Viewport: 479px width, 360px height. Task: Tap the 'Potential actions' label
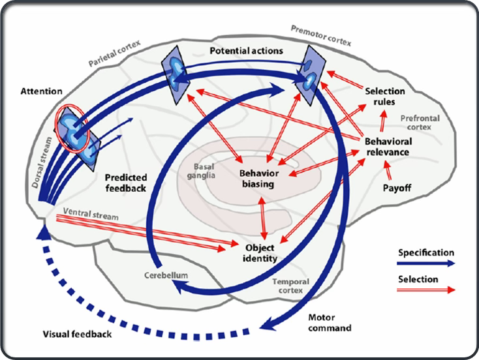246,50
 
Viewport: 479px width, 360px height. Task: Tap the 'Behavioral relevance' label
387,146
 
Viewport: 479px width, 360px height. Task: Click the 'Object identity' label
261,253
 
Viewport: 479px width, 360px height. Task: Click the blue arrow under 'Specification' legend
424,264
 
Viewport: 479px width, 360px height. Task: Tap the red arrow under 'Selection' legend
424,290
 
